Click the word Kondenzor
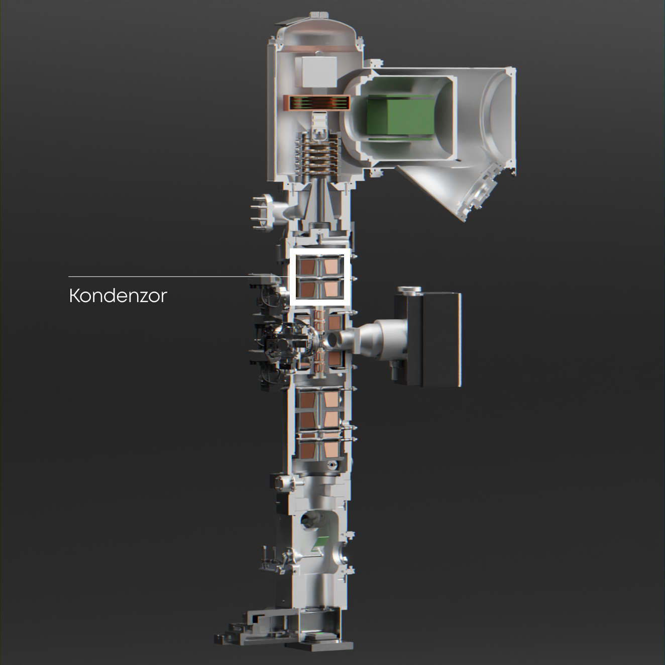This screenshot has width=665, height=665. pyautogui.click(x=118, y=296)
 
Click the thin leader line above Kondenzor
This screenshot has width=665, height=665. pyautogui.click(x=179, y=277)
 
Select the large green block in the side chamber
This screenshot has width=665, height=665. pyautogui.click(x=400, y=116)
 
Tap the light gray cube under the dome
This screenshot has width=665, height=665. pyautogui.click(x=316, y=72)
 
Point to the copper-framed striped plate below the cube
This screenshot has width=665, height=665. pyautogui.click(x=316, y=103)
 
